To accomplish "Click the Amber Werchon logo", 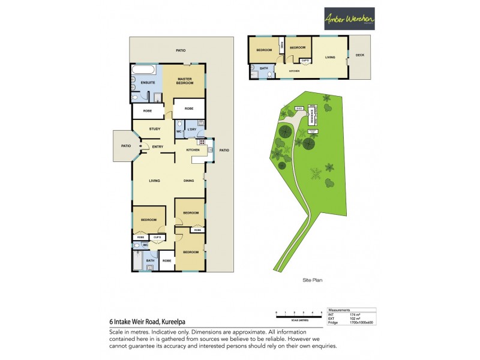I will (x=349, y=19).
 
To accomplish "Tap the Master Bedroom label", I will (x=184, y=80).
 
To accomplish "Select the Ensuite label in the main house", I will (x=140, y=82).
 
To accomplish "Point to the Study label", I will (x=154, y=128).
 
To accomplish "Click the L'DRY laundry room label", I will (x=193, y=130).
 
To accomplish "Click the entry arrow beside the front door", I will (x=140, y=146).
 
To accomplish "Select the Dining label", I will (x=189, y=181).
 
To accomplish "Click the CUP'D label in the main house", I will (x=157, y=238).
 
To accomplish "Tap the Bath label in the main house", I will (x=150, y=260).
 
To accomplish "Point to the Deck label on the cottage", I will (x=359, y=56).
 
